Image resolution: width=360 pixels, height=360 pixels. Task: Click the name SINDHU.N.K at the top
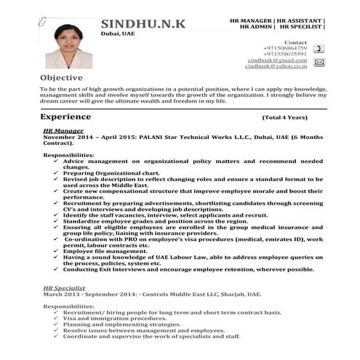click(143, 25)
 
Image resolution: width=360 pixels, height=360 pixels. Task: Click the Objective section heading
click(61, 77)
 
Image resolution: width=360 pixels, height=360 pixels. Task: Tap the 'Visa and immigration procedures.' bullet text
click(105, 319)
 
